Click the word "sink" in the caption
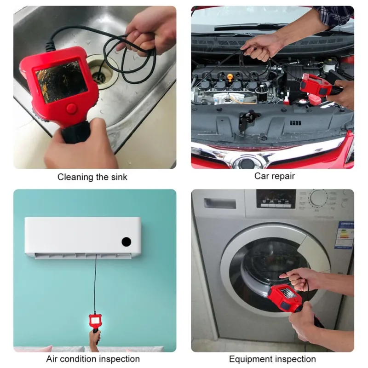119,177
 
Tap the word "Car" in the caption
261,176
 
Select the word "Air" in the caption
52,359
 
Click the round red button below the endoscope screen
72,108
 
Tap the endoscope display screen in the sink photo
62,82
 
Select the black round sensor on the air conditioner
126,242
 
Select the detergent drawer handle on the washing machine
220,204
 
